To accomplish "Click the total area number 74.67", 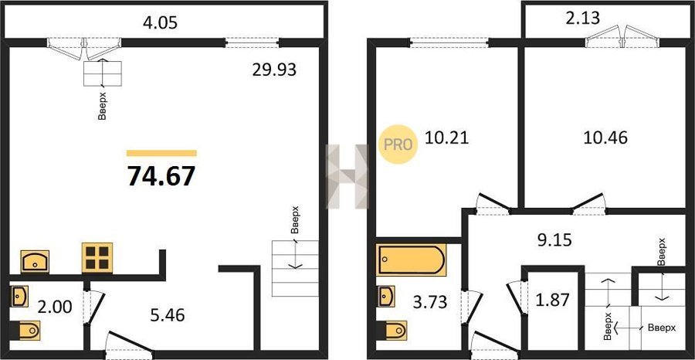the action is tap(161, 176).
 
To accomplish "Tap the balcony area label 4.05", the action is tap(160, 22).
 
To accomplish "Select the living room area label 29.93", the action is tap(274, 70).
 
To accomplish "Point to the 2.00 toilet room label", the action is tap(55, 306).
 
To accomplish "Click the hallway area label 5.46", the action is tap(168, 315).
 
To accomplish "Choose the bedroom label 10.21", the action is tap(446, 138).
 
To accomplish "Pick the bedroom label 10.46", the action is tap(605, 138).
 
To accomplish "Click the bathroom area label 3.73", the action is tap(431, 302).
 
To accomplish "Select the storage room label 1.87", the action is tap(553, 301).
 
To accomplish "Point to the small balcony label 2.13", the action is tap(583, 19).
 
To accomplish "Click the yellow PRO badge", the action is tap(397, 144).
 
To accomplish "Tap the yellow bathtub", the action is tap(411, 260).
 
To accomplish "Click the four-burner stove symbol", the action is tap(97, 257).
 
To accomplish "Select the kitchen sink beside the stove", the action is tap(35, 261).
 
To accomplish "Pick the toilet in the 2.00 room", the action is tap(25, 330).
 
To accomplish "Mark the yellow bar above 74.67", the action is tap(161, 154).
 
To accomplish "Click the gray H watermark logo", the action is tap(347, 176).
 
